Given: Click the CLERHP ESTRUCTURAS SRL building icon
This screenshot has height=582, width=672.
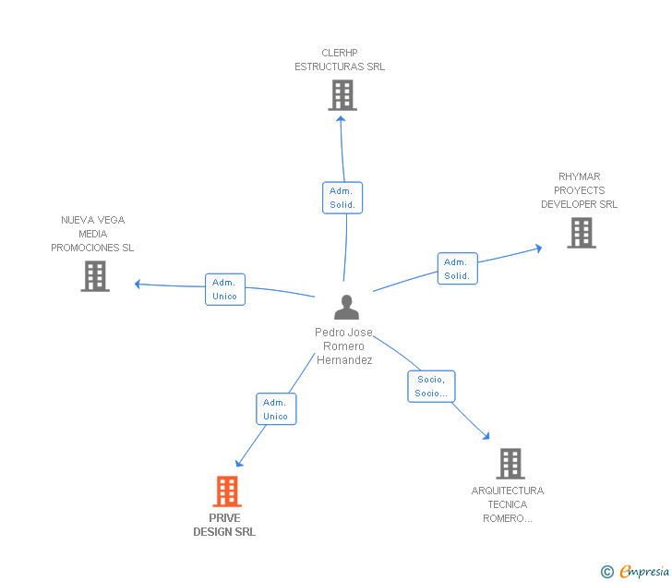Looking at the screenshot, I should [x=342, y=95].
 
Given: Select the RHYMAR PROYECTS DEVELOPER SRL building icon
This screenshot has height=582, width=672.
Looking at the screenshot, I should [x=581, y=233].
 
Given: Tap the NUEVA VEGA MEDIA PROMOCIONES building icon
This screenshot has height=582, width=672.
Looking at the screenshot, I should [x=95, y=276].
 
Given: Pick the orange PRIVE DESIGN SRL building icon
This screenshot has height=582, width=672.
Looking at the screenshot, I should [x=227, y=491].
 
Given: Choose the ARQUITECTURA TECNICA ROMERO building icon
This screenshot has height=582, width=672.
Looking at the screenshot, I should [x=510, y=464].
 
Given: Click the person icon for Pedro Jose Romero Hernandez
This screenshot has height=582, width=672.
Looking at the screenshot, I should [x=346, y=307].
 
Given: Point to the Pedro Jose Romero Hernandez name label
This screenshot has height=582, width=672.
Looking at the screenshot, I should [x=344, y=346].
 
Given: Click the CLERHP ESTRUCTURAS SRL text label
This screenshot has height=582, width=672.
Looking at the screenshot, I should [x=340, y=60].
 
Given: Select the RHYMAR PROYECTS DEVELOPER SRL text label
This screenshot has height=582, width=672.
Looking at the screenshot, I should [x=579, y=190].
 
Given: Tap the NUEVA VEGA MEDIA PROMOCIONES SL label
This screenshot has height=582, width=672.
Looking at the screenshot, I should [x=92, y=234].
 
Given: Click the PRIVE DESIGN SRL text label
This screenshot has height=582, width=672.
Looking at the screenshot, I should [x=224, y=525].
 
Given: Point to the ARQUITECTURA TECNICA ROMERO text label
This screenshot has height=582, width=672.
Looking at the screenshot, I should [x=507, y=504].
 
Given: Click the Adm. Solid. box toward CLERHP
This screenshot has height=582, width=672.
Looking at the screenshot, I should [x=342, y=198].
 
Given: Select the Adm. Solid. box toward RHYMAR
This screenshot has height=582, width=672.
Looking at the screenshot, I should [x=457, y=269].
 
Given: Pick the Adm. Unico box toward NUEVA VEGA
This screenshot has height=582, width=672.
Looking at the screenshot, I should [x=224, y=289].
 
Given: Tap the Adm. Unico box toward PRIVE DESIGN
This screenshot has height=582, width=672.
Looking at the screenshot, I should [x=275, y=409].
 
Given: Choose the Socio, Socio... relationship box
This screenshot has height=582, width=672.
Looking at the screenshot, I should [x=431, y=386].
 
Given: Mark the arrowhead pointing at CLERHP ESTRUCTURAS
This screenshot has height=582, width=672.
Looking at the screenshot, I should [x=341, y=117].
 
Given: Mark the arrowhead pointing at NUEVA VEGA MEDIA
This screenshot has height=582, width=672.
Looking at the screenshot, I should [x=138, y=284].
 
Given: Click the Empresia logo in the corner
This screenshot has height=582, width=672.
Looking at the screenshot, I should [x=635, y=572].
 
